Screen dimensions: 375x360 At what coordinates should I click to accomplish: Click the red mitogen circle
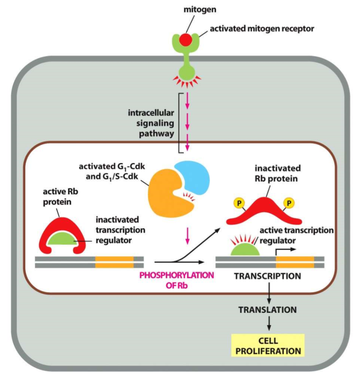tap(185, 40)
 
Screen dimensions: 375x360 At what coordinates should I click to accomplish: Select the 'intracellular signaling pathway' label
tap(151, 123)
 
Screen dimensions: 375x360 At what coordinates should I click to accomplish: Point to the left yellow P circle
tap(238, 203)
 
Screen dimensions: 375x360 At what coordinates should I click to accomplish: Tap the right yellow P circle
tap(289, 203)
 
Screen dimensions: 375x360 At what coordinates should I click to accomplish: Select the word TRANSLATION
tap(268, 309)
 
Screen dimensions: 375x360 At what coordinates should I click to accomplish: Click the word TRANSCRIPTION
tap(268, 276)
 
